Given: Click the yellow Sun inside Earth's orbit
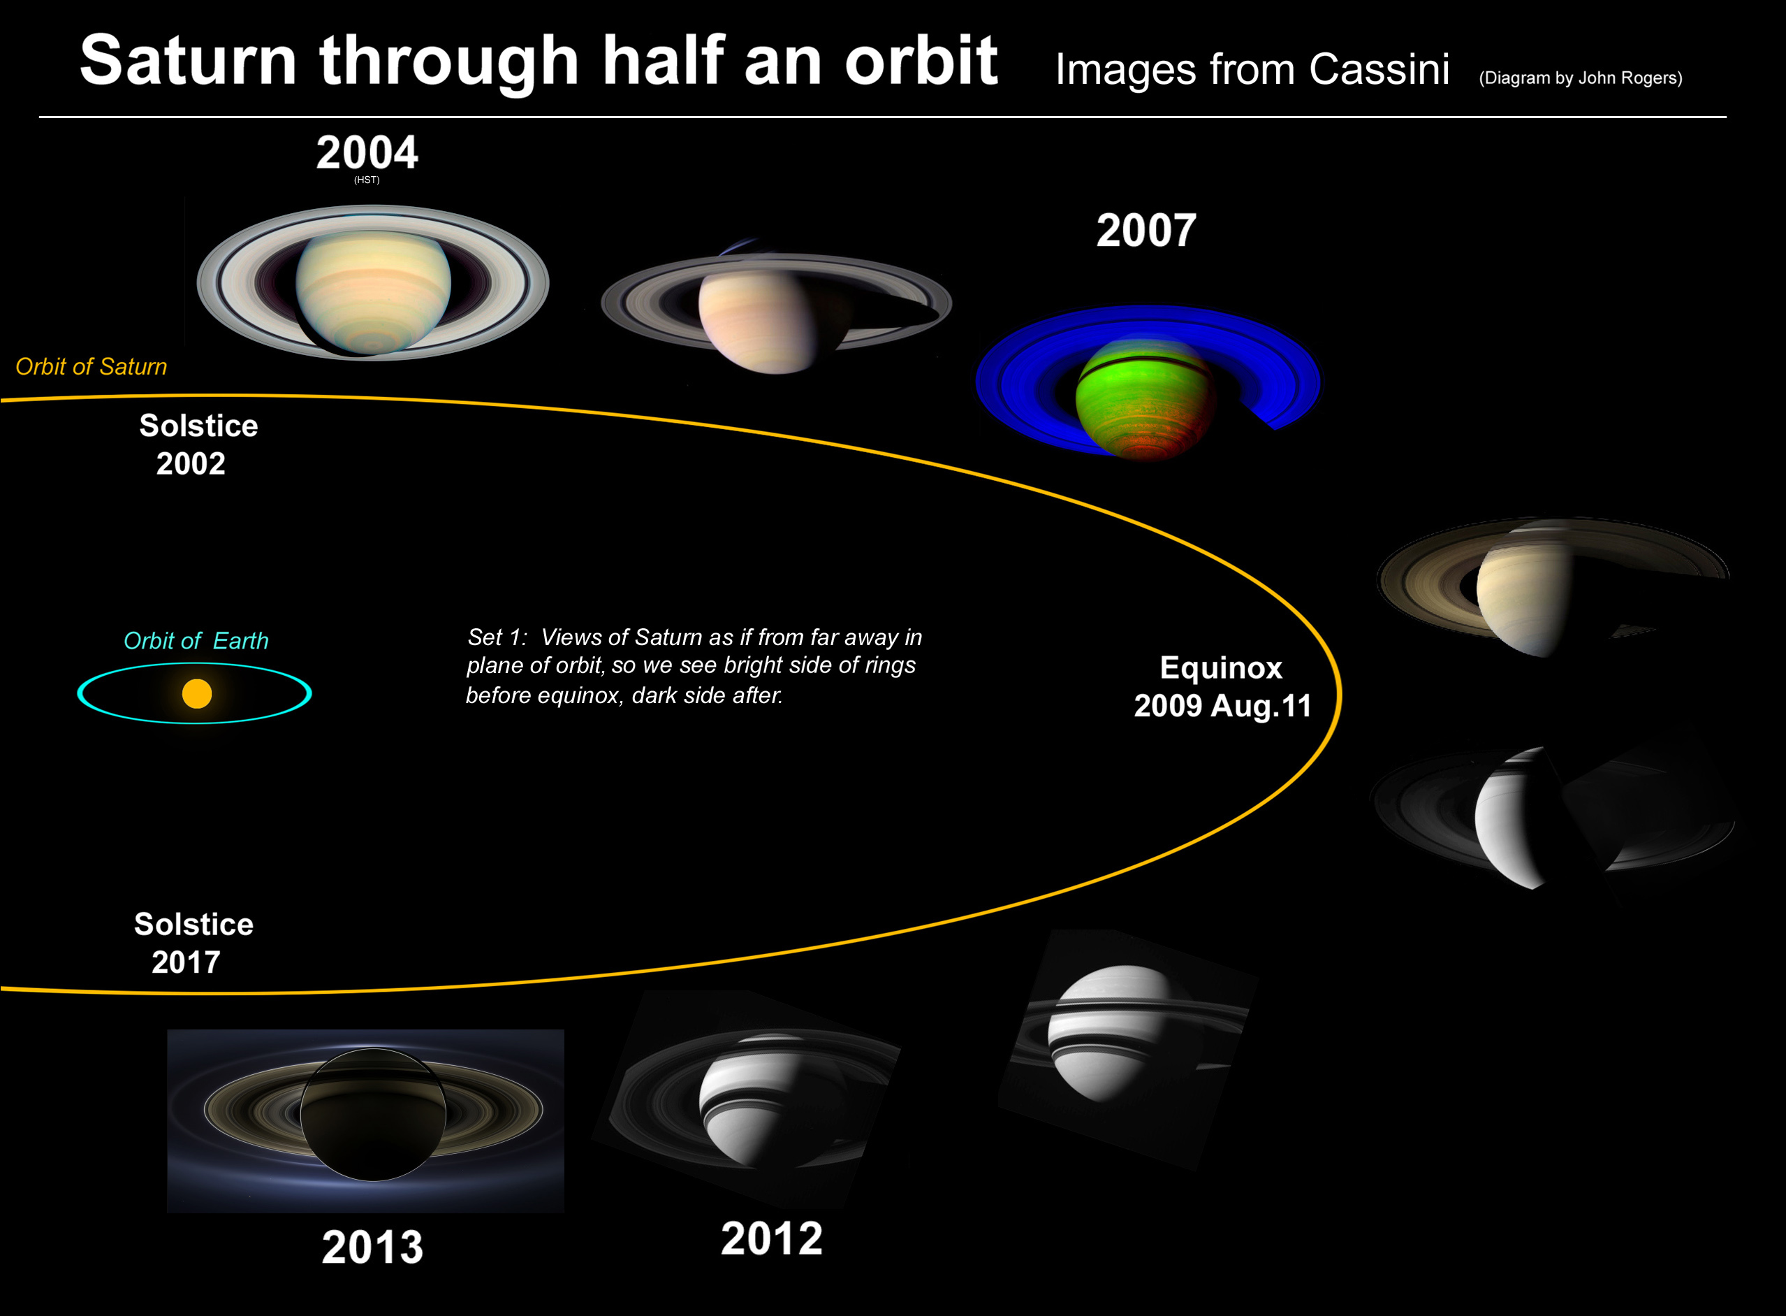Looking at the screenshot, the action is pos(197,693).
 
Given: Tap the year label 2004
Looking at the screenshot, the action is pos(367,152).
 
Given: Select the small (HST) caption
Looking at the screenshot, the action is pos(367,180).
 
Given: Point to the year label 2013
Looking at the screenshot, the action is pos(373,1247).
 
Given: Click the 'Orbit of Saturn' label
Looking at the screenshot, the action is pos(92,366).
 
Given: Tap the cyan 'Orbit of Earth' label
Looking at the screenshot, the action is pos(196,640).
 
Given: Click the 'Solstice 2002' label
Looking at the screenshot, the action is pos(198,444).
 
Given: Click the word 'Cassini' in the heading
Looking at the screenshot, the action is pos(1379,69).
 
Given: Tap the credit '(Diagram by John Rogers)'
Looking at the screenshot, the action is pos(1581,78).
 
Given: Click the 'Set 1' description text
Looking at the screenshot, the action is pos(694,666).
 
